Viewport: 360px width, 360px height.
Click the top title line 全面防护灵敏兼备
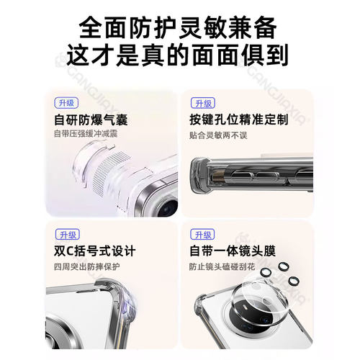180,27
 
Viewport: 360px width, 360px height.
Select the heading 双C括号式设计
94,252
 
